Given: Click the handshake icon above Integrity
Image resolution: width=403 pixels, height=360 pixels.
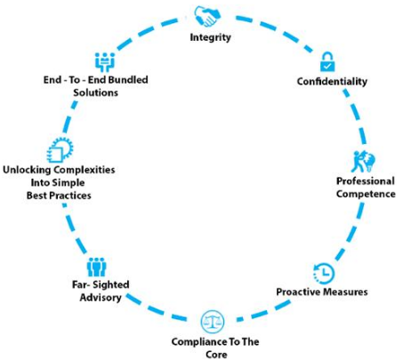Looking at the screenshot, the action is pyautogui.click(x=207, y=17).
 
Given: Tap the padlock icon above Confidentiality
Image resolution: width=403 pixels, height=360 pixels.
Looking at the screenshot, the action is pyautogui.click(x=327, y=61).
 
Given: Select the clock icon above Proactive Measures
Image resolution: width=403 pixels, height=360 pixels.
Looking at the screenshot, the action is pyautogui.click(x=324, y=273).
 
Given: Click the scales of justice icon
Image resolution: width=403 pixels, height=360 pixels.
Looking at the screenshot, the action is pyautogui.click(x=213, y=322).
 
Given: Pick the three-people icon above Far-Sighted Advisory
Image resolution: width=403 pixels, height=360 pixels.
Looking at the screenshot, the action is pyautogui.click(x=97, y=267).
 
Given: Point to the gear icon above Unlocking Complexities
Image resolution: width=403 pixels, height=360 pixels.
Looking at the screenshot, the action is pyautogui.click(x=60, y=150).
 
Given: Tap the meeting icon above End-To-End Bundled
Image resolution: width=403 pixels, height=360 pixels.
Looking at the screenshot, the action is pyautogui.click(x=105, y=62).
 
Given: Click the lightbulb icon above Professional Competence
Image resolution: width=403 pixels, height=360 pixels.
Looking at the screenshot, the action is pyautogui.click(x=363, y=162).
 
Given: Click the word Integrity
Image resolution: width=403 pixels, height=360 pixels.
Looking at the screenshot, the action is pyautogui.click(x=210, y=37).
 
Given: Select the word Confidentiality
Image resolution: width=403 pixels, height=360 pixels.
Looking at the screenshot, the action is pyautogui.click(x=332, y=81).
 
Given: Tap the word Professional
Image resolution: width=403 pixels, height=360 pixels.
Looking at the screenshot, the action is pyautogui.click(x=366, y=180).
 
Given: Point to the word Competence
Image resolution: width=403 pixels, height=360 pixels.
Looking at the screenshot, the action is pyautogui.click(x=366, y=194).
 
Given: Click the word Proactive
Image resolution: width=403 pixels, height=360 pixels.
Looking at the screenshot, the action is pyautogui.click(x=297, y=292).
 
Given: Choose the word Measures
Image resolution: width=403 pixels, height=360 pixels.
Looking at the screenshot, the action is pyautogui.click(x=345, y=292).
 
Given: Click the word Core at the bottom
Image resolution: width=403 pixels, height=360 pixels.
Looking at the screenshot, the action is pyautogui.click(x=216, y=355).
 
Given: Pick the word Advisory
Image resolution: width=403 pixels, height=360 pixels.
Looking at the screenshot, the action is pyautogui.click(x=101, y=298).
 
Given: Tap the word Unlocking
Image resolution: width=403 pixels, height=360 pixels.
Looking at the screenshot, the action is pyautogui.click(x=27, y=170).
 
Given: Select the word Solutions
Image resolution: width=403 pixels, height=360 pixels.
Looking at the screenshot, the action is pyautogui.click(x=95, y=92).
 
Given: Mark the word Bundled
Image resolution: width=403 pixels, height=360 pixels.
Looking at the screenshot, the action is pyautogui.click(x=126, y=80).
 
